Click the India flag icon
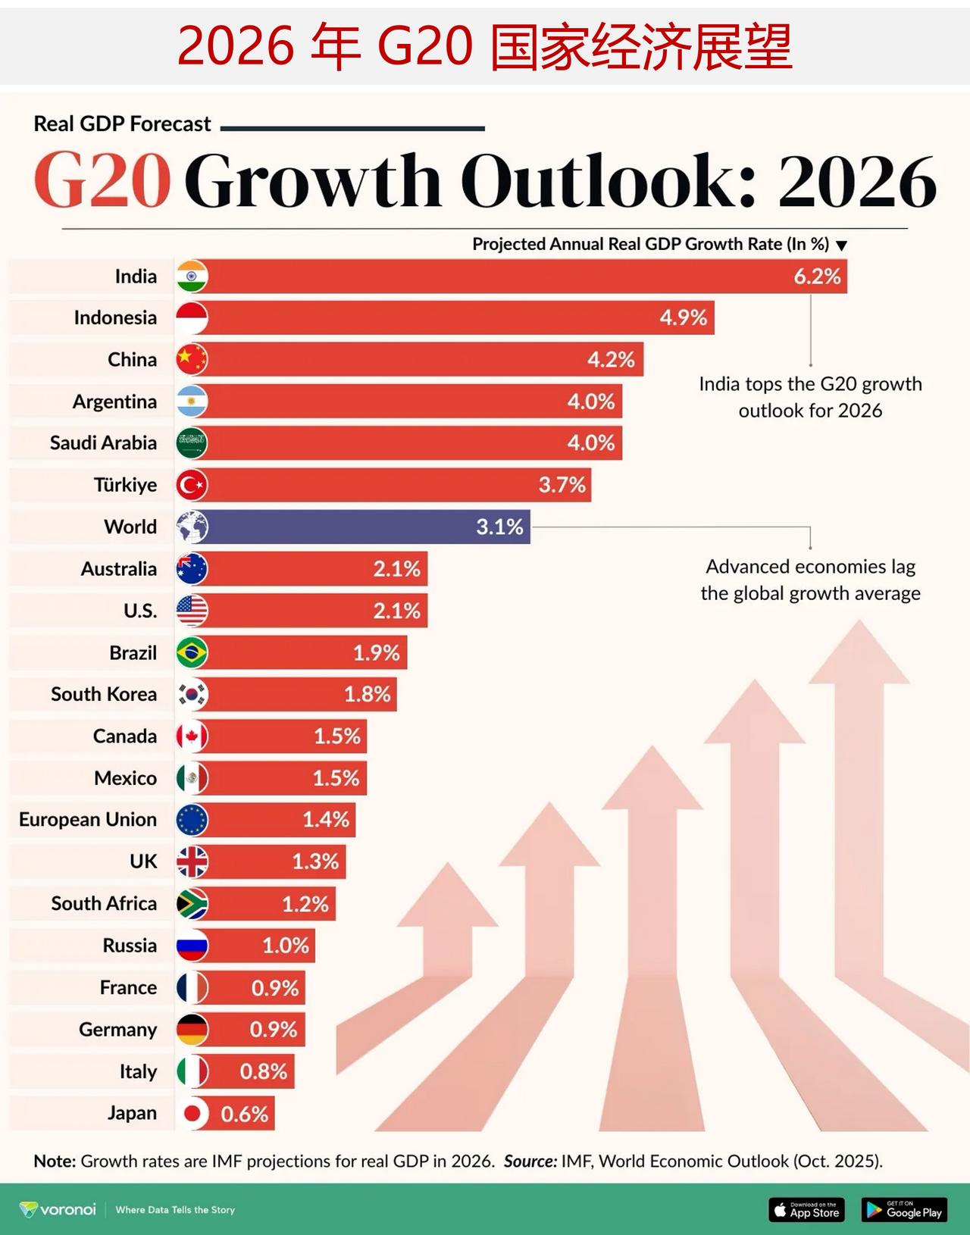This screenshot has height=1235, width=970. click(192, 277)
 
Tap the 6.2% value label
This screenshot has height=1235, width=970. click(817, 277)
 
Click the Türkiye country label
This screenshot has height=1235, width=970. click(125, 485)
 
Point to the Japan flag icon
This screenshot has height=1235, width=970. click(192, 1113)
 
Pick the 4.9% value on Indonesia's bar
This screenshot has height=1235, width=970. click(683, 317)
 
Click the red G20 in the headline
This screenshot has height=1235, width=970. click(102, 181)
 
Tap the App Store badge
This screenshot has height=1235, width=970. click(806, 1209)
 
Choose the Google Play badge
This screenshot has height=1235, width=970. click(904, 1209)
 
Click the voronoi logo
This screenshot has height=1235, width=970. click(58, 1209)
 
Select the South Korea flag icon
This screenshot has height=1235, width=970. click(192, 694)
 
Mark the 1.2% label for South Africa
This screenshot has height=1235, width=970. click(305, 904)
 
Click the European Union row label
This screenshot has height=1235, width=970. click(88, 820)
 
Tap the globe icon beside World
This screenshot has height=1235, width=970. click(192, 527)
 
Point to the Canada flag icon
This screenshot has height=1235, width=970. click(192, 736)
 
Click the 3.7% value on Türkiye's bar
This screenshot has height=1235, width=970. click(562, 485)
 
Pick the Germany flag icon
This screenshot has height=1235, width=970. click(192, 1030)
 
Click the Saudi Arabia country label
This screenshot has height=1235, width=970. click(103, 443)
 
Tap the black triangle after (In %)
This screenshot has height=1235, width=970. click(841, 245)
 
